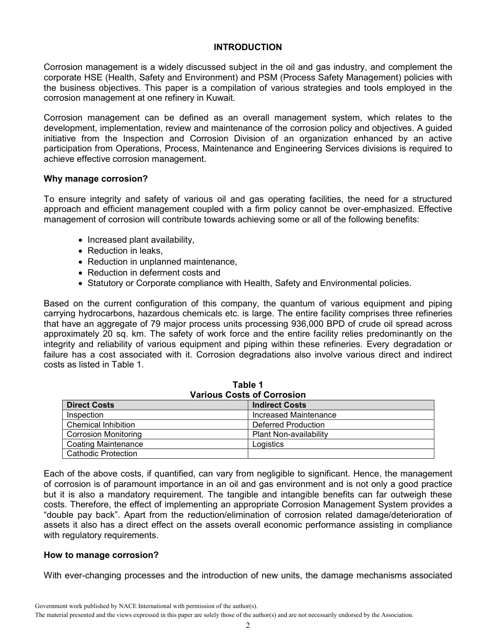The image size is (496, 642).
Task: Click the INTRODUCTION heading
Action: click(x=247, y=47)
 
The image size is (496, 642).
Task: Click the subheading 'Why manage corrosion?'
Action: click(x=96, y=179)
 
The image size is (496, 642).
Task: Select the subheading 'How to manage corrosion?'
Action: click(x=101, y=555)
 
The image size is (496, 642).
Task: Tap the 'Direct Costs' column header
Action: click(x=90, y=405)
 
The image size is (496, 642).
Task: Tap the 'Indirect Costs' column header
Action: click(x=279, y=405)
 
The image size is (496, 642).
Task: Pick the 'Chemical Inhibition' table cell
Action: click(x=101, y=425)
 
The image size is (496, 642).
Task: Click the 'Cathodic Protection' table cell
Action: click(x=102, y=454)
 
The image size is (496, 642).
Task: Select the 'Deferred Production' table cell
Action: click(x=288, y=425)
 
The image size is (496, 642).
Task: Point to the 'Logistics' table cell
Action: click(x=268, y=444)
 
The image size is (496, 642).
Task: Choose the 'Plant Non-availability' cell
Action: click(x=290, y=434)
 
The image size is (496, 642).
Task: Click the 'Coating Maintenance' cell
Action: click(x=104, y=444)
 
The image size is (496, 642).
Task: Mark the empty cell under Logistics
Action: click(x=341, y=454)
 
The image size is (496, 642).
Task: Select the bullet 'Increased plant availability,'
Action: click(x=140, y=240)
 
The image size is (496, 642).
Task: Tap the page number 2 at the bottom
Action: click(x=248, y=626)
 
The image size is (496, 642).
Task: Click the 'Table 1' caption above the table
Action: click(x=247, y=385)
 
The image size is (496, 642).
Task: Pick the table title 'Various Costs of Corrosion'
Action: click(x=247, y=395)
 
